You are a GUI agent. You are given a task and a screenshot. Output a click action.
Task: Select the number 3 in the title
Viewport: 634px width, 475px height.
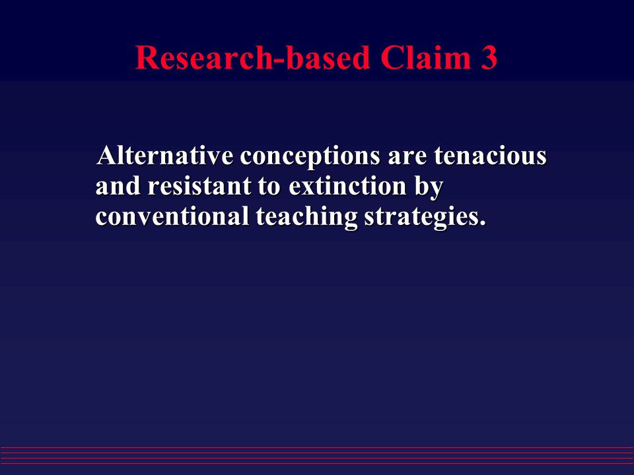(x=486, y=59)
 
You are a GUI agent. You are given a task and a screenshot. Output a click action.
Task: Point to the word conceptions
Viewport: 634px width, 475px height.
(x=309, y=158)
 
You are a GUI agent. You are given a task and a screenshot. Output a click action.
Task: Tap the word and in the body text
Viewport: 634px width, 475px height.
(x=119, y=187)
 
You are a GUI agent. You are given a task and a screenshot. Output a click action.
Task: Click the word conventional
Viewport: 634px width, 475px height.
(x=170, y=217)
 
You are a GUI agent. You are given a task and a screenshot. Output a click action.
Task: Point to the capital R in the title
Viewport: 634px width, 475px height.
(x=147, y=59)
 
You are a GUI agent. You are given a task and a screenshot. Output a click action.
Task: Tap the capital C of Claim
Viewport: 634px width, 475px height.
(x=392, y=59)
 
